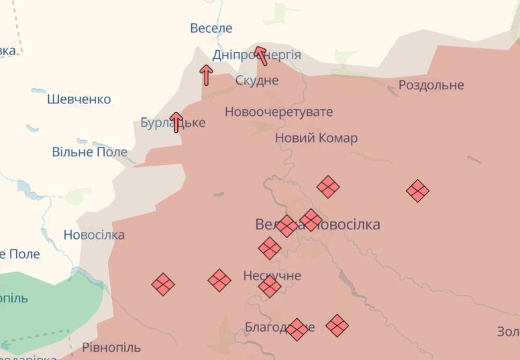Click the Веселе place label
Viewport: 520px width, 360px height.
(211, 28)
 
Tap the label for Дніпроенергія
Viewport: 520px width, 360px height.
(256, 55)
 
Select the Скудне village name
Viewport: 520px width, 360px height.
(256, 80)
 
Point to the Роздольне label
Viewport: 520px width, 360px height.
(431, 85)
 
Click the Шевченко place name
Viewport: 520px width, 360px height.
(79, 99)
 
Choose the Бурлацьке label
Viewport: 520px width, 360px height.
(172, 123)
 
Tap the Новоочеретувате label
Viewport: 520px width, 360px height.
(278, 112)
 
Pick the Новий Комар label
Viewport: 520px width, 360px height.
(316, 138)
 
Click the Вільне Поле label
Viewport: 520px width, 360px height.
(89, 152)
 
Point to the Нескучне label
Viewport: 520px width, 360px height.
(272, 276)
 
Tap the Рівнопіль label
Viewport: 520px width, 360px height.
(111, 347)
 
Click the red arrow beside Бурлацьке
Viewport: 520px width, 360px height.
(176, 121)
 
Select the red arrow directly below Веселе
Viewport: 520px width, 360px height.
(207, 74)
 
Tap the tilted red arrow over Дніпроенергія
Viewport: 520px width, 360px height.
(261, 55)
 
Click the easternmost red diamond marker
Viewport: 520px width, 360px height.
(417, 191)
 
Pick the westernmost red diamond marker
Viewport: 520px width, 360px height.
(162, 284)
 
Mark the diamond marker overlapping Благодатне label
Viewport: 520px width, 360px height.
(297, 328)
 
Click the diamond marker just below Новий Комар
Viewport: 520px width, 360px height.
(327, 186)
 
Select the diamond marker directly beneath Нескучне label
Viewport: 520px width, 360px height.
(269, 287)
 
